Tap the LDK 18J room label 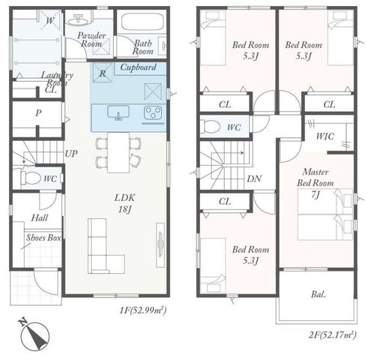[x=124, y=203]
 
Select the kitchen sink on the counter [x=118, y=112]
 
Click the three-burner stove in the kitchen [x=153, y=112]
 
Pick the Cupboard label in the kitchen [x=139, y=67]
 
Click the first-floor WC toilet [x=30, y=178]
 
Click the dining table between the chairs [x=118, y=152]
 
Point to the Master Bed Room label [x=316, y=178]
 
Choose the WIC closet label [x=325, y=136]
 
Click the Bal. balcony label [x=319, y=295]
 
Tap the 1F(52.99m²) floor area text [x=143, y=310]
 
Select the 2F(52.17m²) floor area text [x=333, y=334]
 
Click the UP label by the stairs [x=71, y=154]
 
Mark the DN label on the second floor [x=254, y=178]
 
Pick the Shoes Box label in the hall [x=43, y=238]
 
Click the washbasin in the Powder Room [x=79, y=20]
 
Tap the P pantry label [x=38, y=113]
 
